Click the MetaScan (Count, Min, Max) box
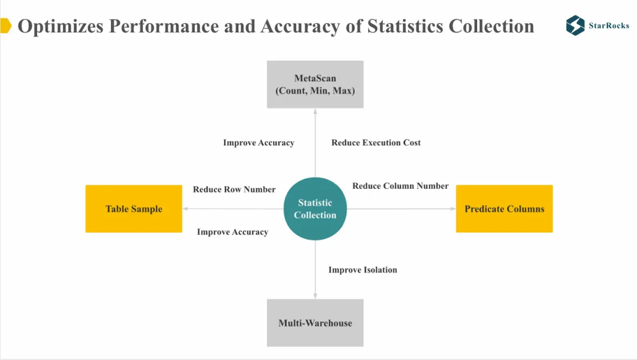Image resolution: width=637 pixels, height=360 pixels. click(315, 84)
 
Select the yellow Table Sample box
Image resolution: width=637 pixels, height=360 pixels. click(134, 209)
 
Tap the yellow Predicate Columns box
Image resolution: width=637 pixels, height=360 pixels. click(504, 209)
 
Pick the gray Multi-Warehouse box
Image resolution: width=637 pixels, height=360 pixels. click(315, 323)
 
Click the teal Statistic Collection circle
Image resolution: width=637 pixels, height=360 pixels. click(315, 209)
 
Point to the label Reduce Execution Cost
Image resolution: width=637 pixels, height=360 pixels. click(376, 143)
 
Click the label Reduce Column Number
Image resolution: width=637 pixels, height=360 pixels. click(400, 186)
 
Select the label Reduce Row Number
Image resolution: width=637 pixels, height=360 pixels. click(234, 189)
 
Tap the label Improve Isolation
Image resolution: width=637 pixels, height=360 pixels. click(363, 270)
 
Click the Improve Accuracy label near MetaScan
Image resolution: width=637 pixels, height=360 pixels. click(258, 143)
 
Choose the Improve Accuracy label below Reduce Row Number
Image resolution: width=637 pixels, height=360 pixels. click(232, 232)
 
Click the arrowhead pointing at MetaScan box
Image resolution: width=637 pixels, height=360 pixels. click(315, 112)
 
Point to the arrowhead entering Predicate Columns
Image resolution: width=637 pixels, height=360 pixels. click(452, 209)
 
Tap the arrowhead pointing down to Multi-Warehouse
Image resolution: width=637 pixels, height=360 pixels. click(315, 296)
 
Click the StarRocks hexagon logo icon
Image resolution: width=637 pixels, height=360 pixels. click(575, 25)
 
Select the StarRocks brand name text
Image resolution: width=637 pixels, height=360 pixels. click(609, 26)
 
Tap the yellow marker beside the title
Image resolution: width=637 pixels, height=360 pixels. click(5, 26)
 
